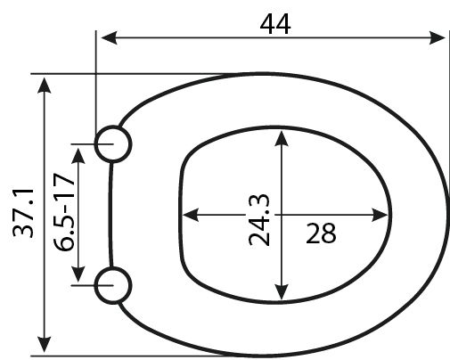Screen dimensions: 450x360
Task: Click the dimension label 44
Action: pyautogui.click(x=275, y=24)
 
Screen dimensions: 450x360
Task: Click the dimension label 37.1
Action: pyautogui.click(x=23, y=213)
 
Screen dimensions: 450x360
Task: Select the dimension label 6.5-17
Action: pyautogui.click(x=64, y=212)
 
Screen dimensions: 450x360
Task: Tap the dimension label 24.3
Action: pyautogui.click(x=259, y=220)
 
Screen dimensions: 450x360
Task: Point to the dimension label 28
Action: pyautogui.click(x=321, y=233)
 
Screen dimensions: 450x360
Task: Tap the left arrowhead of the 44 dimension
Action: pyautogui.click(x=109, y=37)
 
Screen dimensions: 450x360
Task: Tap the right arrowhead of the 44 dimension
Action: pyautogui.click(x=438, y=37)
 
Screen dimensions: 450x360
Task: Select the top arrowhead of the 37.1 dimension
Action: pyautogui.click(x=45, y=86)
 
